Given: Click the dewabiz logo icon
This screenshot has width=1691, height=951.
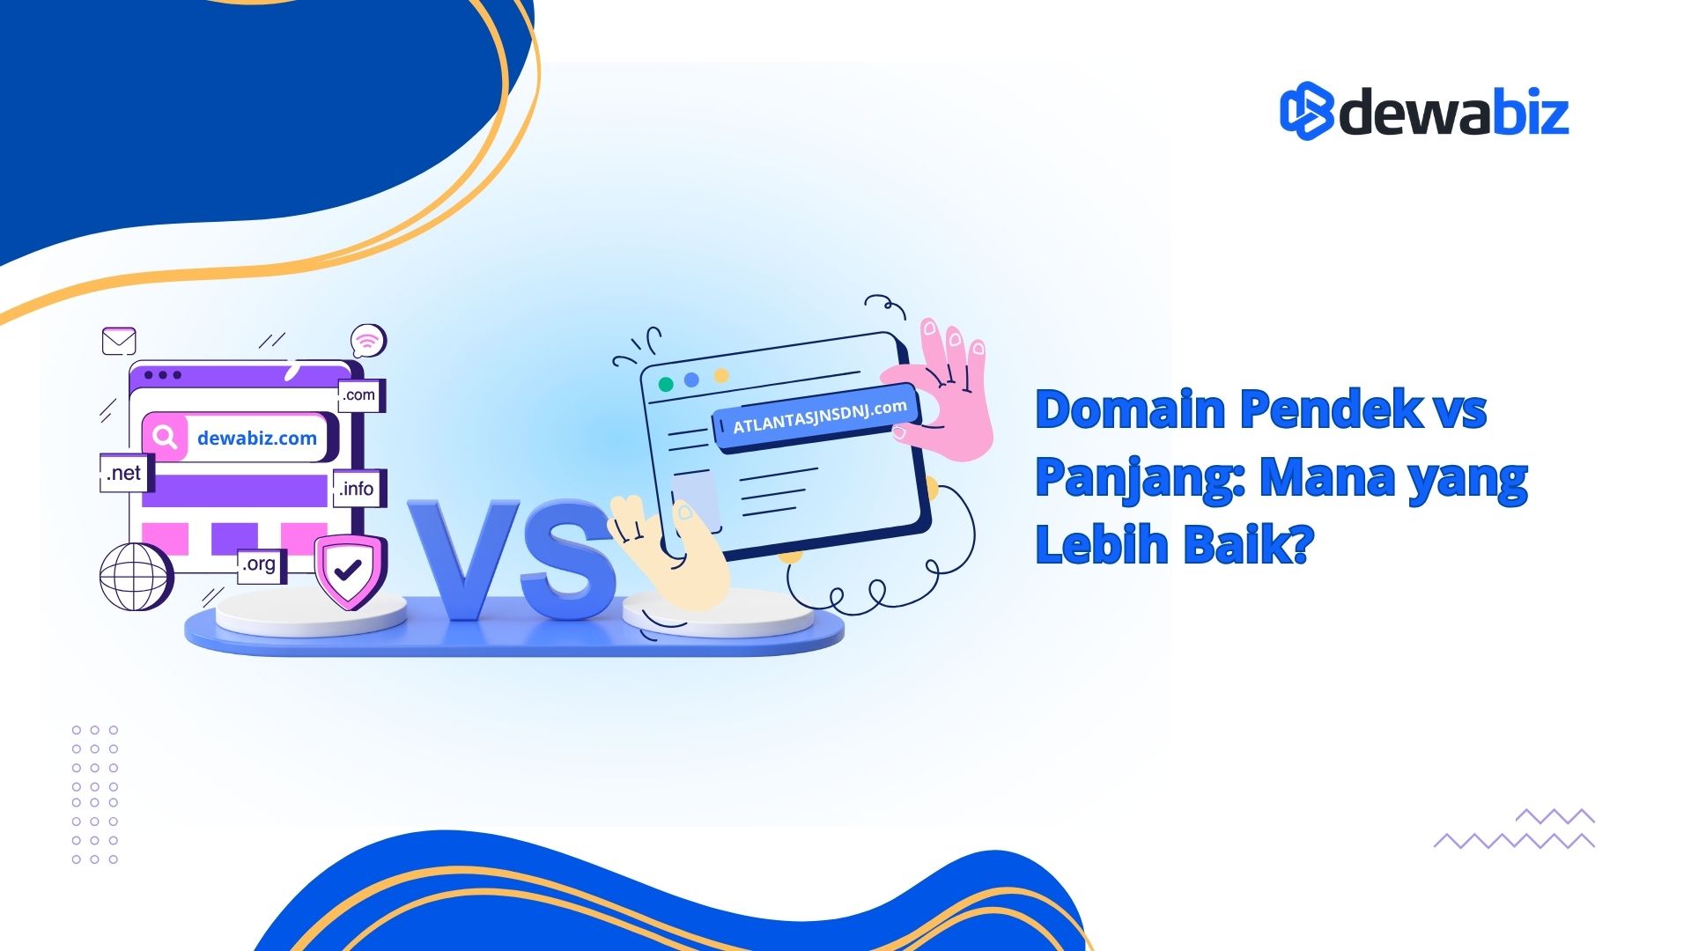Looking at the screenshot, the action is [x=1306, y=111].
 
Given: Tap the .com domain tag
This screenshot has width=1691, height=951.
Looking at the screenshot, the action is [x=361, y=395].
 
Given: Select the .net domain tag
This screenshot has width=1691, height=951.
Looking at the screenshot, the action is [x=126, y=473].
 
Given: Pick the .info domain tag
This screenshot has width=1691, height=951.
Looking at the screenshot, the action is [x=358, y=489].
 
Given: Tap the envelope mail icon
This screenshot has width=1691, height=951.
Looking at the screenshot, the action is [x=119, y=341].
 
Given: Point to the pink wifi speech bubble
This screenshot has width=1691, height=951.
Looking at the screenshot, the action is [x=368, y=341].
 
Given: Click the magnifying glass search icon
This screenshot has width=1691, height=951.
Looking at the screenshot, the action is [x=165, y=437].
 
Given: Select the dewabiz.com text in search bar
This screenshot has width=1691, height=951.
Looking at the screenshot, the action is [x=257, y=438].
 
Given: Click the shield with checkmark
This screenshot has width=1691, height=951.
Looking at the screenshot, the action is [x=350, y=571].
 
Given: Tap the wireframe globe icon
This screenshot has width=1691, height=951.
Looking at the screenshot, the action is [x=136, y=577].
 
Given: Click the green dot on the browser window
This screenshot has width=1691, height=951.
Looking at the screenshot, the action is [x=666, y=384].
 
